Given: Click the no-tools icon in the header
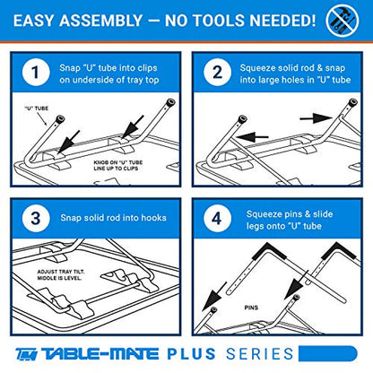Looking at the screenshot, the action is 343,21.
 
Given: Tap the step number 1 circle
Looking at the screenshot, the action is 36,72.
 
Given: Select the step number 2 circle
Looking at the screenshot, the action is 217,72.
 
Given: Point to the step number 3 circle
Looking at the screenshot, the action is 36,218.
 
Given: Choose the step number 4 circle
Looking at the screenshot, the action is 217,218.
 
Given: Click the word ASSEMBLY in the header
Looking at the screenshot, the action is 100,21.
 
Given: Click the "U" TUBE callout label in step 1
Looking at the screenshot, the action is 36,108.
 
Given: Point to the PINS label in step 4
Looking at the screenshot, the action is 251,308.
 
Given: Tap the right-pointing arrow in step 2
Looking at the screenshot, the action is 316,117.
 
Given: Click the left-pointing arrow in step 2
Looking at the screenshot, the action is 252,137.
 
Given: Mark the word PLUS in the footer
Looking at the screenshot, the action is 191,354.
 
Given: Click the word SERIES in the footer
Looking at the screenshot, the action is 260,354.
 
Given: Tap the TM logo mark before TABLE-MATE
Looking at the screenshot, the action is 27,354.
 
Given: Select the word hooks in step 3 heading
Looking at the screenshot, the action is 153,218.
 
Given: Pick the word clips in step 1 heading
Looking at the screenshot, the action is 147,68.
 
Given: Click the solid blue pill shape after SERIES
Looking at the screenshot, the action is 328,354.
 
